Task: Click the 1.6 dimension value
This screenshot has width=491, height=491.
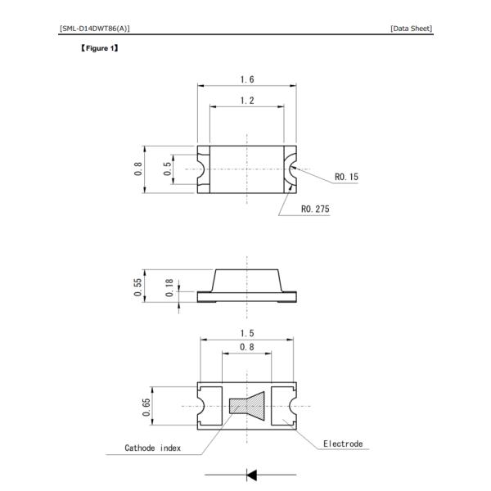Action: click(246, 79)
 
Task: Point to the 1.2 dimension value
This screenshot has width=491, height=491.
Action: click(246, 100)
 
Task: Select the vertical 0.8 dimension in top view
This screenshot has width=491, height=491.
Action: click(139, 169)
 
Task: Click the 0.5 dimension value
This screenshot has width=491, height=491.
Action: click(168, 169)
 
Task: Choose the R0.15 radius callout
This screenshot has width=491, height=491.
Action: click(346, 176)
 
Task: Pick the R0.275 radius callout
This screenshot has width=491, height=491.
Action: click(315, 209)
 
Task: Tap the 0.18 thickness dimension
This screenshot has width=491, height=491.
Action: click(169, 287)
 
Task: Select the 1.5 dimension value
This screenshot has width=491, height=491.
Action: click(246, 333)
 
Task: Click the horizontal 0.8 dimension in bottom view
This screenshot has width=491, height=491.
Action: click(246, 347)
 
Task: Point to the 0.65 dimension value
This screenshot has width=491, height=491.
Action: click(146, 407)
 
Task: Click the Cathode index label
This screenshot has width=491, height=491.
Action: click(152, 448)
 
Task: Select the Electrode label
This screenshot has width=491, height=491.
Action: click(342, 444)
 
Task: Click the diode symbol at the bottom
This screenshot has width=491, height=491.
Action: click(250, 474)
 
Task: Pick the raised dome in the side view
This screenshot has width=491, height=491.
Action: click(246, 282)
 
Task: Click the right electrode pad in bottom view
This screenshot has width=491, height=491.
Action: click(282, 407)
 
